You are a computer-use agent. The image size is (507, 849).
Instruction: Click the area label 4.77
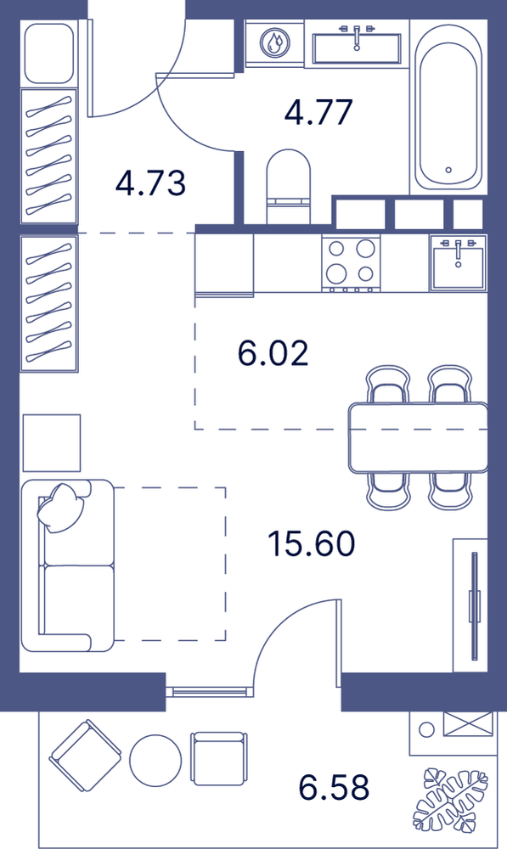click(x=318, y=112)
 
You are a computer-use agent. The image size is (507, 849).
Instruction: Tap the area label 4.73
click(x=150, y=183)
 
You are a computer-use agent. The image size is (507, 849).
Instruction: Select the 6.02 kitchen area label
click(x=273, y=353)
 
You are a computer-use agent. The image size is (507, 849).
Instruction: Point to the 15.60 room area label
click(x=312, y=544)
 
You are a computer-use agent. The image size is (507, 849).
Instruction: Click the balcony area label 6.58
click(x=335, y=787)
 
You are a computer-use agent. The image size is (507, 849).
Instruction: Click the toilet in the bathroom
click(x=289, y=187)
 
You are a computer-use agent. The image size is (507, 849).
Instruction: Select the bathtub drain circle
click(x=448, y=170)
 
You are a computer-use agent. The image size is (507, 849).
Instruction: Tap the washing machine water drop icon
click(x=274, y=42)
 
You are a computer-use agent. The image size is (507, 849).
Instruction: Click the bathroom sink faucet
click(x=357, y=36)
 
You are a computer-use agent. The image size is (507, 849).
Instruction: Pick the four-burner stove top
click(x=351, y=262)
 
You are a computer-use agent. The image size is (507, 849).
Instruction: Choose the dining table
click(x=418, y=437)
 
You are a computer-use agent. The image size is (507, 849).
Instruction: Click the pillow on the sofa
click(x=62, y=507)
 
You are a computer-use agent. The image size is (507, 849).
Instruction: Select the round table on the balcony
click(x=155, y=760)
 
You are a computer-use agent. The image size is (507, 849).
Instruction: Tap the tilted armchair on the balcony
click(x=85, y=756)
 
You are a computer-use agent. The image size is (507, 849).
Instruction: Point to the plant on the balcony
click(x=450, y=799)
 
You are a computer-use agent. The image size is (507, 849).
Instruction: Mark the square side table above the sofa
click(x=52, y=443)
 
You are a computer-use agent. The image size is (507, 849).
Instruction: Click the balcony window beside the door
click(x=209, y=691)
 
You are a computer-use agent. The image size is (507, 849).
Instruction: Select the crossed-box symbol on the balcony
click(x=468, y=724)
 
